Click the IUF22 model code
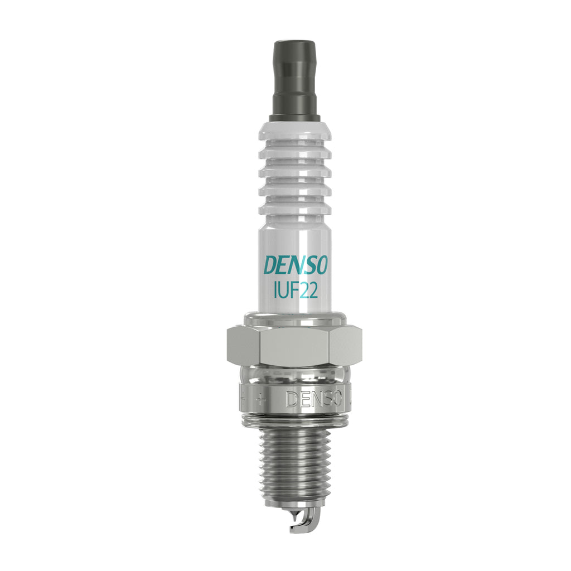(296, 291)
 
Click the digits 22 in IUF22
(308, 291)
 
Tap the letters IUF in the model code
(285, 291)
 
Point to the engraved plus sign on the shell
(259, 400)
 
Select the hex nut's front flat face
(294, 346)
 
